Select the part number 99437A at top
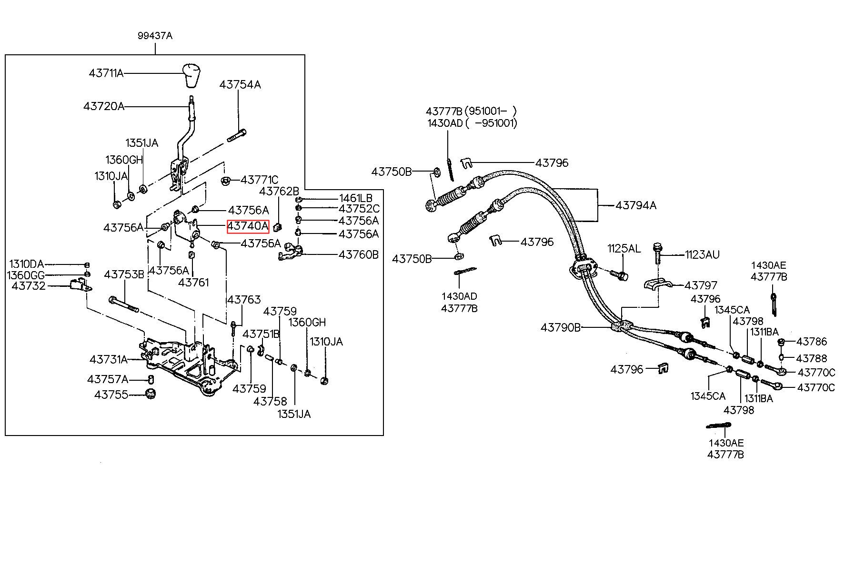pos(155,36)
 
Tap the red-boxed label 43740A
pos(248,226)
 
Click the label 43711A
pos(106,73)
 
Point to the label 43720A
pos(104,106)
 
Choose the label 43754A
pos(240,85)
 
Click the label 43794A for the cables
pos(636,205)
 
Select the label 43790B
pos(561,328)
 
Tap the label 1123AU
pos(703,254)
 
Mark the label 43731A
pos(109,359)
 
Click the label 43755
pos(111,395)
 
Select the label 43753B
pos(124,274)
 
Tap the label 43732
pos(29,286)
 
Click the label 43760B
pos(359,254)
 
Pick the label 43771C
pos(260,180)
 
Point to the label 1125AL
pos(624,248)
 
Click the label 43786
pos(812,341)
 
